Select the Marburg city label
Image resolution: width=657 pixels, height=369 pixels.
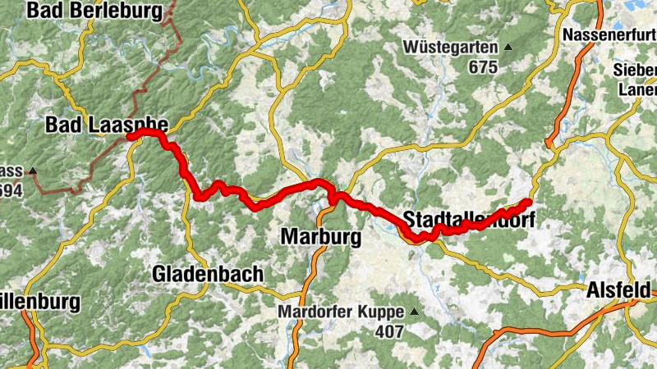321,238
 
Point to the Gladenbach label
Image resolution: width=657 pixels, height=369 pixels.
207,274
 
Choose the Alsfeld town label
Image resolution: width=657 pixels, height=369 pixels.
618,290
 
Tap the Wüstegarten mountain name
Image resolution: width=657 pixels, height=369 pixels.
450,48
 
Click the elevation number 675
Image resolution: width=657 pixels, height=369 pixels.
484,67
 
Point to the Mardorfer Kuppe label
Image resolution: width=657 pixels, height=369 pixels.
340,312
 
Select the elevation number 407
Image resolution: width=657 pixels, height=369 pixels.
390,331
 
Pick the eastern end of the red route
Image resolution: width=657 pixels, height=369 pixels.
529,202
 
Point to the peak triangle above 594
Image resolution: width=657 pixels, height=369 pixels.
33,171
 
